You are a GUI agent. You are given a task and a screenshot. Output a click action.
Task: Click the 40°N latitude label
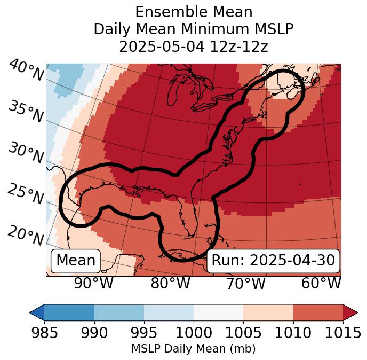tap(26, 71)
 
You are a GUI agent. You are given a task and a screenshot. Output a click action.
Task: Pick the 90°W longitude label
tap(93, 284)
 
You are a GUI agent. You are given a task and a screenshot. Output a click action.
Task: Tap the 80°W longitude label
tap(170, 284)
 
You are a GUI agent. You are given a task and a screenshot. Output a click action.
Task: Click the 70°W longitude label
tap(246, 284)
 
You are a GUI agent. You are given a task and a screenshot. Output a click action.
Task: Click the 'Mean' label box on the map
tap(76, 261)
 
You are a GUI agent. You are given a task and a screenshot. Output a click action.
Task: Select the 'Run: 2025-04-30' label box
tap(273, 261)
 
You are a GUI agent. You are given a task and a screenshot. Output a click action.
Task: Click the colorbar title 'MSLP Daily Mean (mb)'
tap(194, 349)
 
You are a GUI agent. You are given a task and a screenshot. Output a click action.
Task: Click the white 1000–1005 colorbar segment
tap(218, 312)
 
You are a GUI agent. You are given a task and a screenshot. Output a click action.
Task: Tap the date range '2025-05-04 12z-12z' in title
tap(194, 46)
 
